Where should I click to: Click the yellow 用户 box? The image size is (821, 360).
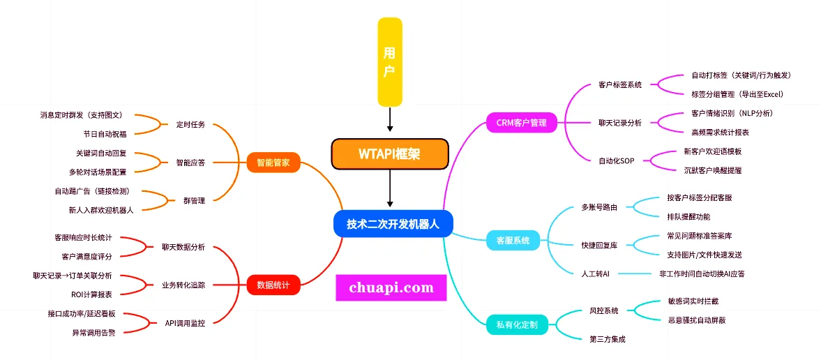[390, 62]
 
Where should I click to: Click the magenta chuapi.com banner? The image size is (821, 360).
[391, 287]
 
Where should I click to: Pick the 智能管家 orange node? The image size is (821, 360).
[273, 163]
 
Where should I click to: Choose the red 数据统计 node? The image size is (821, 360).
[273, 285]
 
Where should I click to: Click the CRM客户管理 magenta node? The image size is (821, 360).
[522, 123]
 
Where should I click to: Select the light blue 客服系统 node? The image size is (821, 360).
[513, 241]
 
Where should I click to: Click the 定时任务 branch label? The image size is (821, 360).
[190, 124]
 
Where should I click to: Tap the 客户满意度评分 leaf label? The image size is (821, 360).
[86, 257]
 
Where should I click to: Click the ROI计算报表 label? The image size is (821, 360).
[91, 294]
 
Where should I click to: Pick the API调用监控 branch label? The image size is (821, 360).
[185, 323]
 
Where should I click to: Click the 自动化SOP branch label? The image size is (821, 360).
[616, 160]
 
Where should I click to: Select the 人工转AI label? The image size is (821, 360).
[596, 273]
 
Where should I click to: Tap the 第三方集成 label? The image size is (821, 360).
[608, 339]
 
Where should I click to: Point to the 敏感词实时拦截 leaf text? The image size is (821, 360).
[693, 301]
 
